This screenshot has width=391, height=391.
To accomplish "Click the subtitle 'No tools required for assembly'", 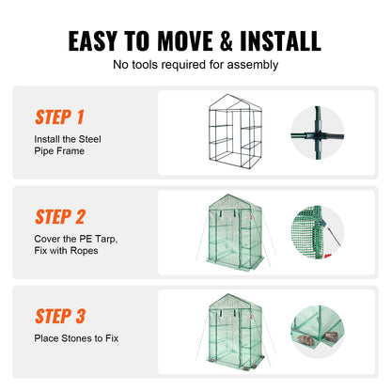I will [x=195, y=65].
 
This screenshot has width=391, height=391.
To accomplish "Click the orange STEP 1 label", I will [x=59, y=117].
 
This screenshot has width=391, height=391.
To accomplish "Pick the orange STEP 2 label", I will [x=60, y=214].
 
